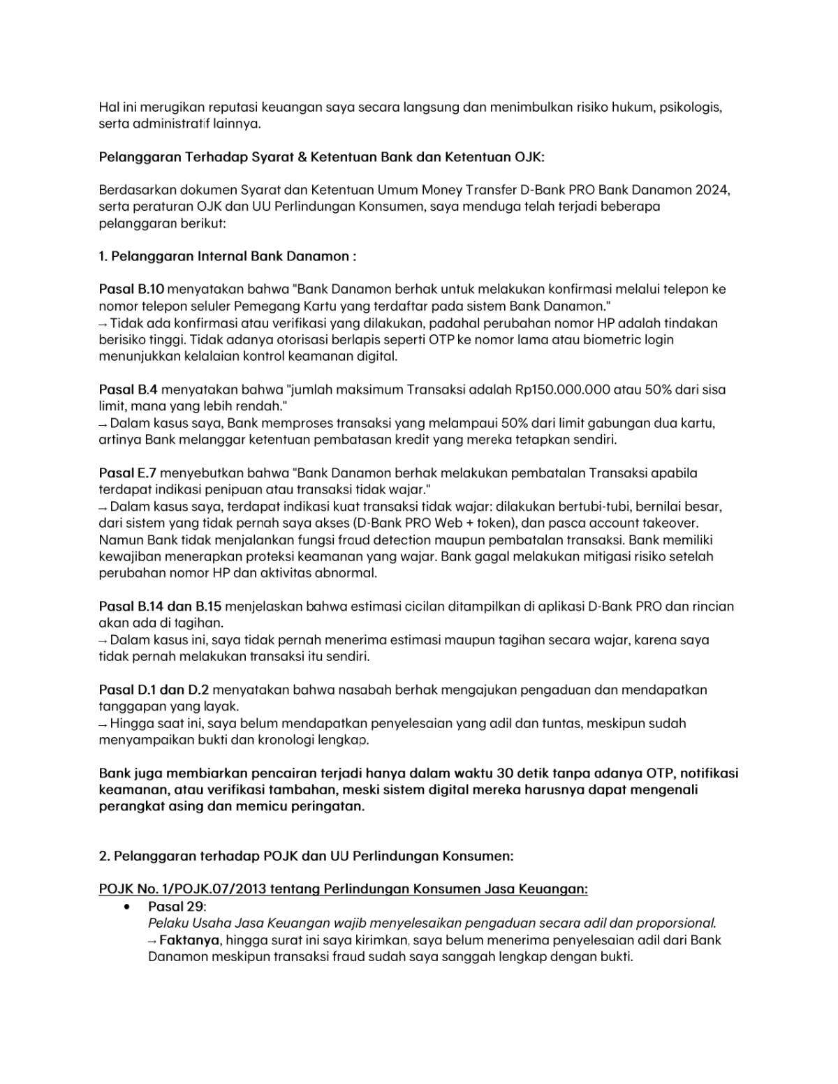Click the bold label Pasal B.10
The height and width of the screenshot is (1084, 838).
(x=131, y=289)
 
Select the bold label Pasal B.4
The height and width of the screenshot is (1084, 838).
(x=128, y=389)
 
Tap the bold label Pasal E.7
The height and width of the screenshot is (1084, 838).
(x=128, y=473)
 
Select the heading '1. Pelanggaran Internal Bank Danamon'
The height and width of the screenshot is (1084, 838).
(x=227, y=256)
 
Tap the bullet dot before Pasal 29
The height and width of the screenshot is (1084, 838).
(x=126, y=907)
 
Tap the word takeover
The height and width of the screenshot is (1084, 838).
(x=668, y=523)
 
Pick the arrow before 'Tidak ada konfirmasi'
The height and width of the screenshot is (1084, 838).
(x=103, y=324)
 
